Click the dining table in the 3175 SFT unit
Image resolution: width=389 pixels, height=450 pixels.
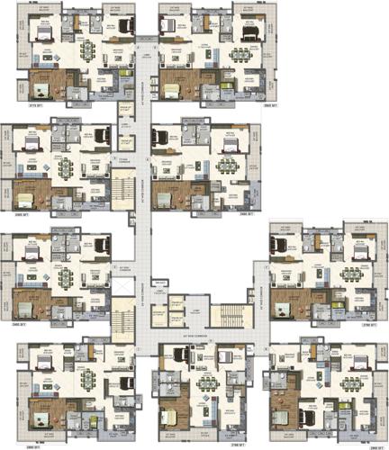[x=88, y=49]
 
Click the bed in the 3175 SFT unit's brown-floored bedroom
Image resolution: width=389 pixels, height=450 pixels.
[x=41, y=88]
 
